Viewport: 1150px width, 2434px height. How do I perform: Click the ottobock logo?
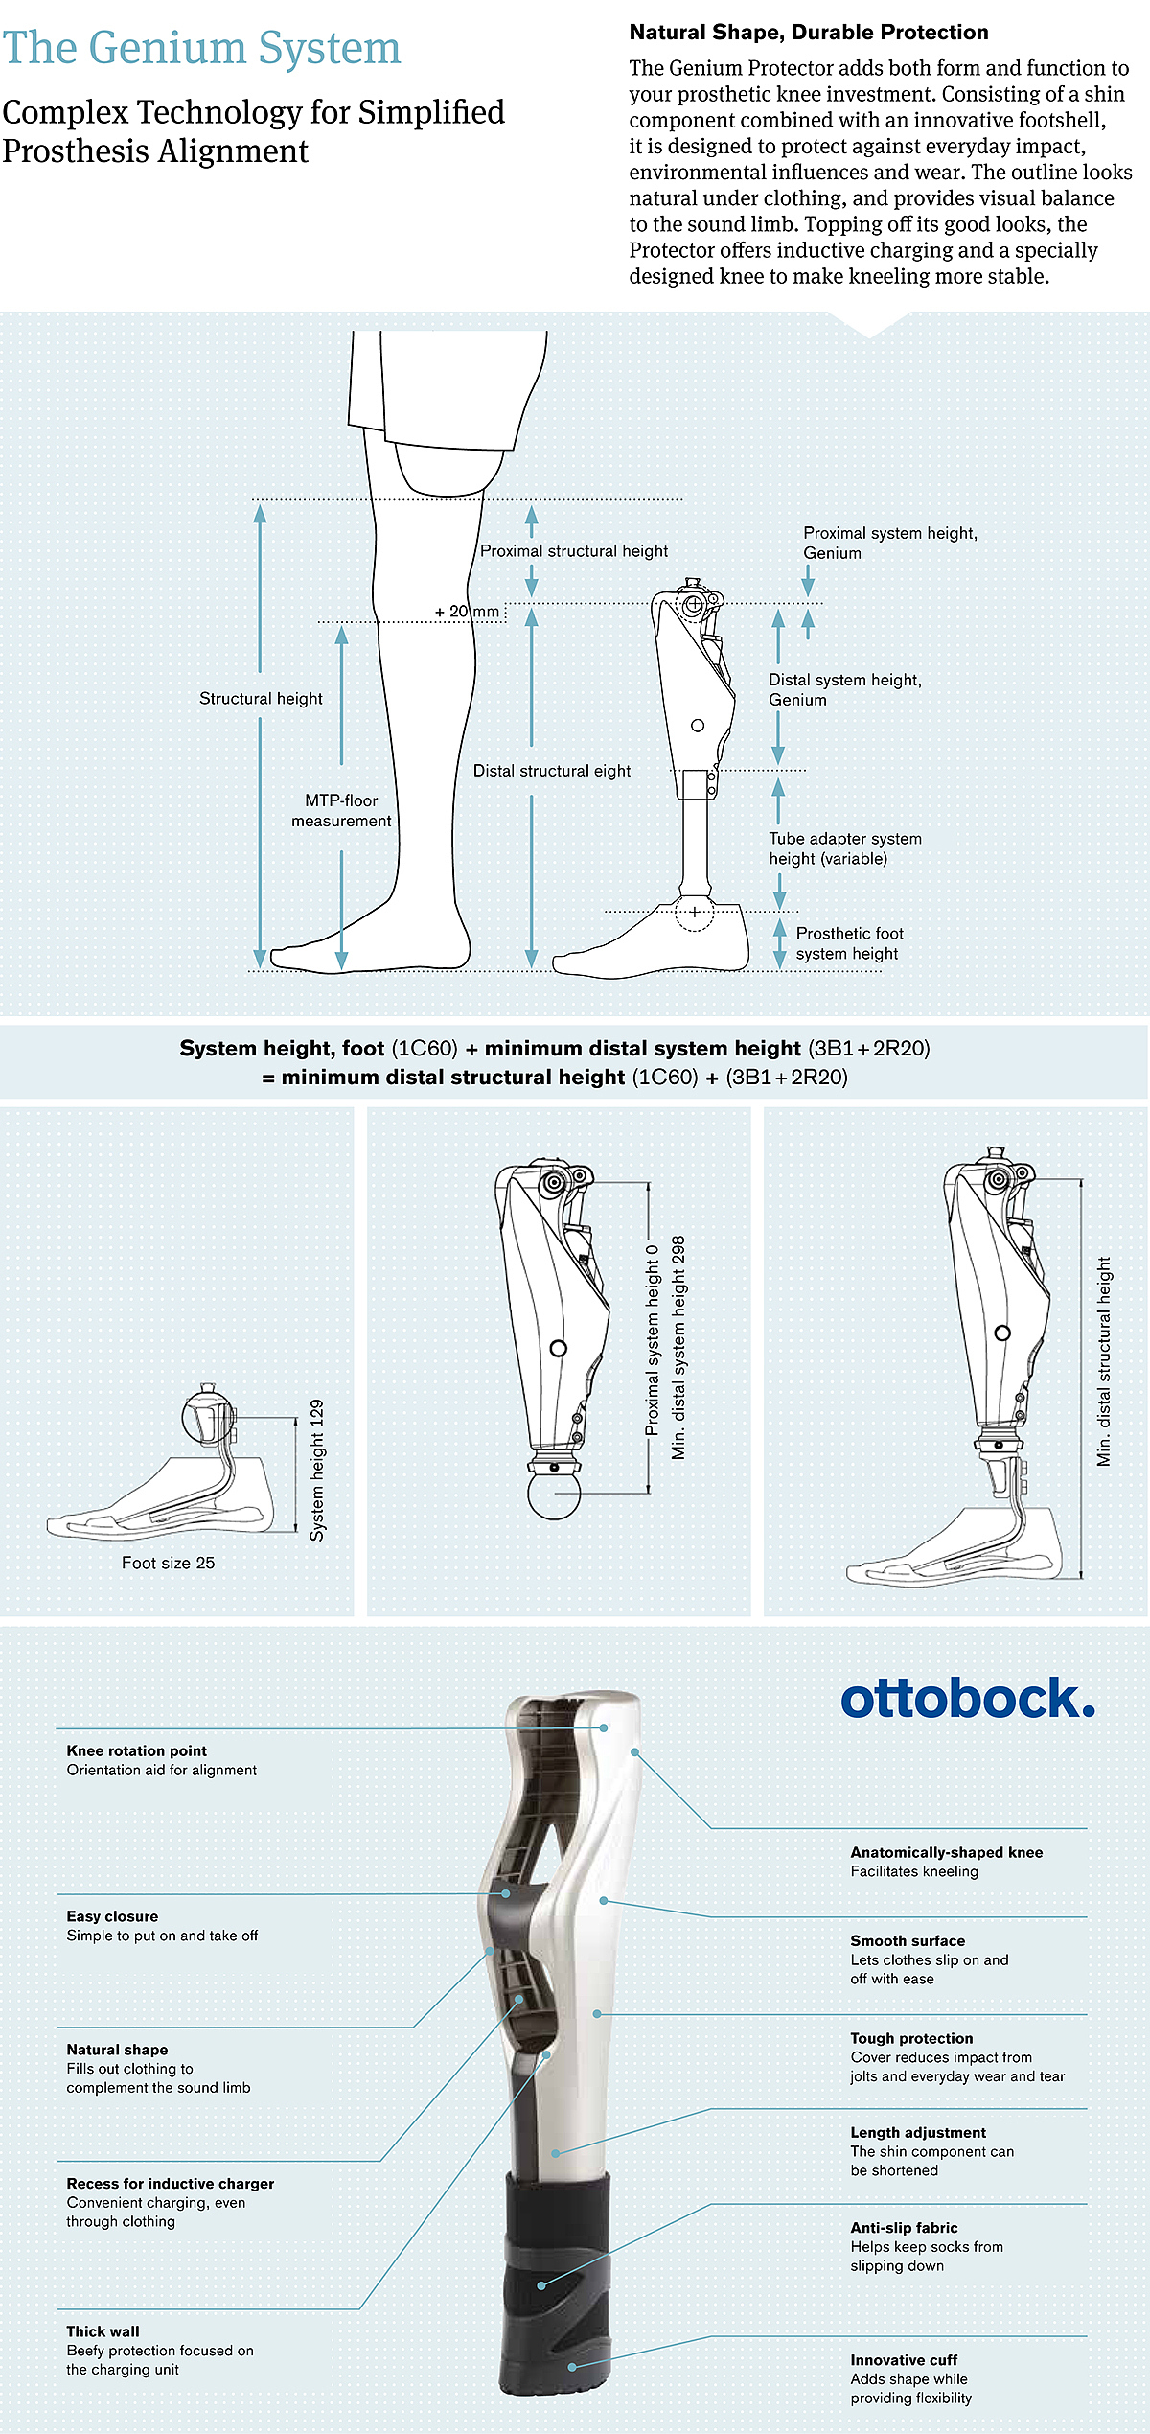(x=968, y=1698)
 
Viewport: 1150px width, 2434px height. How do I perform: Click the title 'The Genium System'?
(x=201, y=48)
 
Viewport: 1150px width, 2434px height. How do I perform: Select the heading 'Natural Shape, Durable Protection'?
(x=809, y=33)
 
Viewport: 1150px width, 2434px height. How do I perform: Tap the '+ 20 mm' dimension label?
(x=467, y=612)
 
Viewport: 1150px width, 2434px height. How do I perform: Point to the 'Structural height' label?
(x=261, y=699)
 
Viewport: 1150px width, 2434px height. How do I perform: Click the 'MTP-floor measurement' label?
(x=341, y=811)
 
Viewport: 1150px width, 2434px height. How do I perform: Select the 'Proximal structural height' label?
(x=574, y=551)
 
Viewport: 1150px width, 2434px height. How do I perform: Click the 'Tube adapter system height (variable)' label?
(x=845, y=848)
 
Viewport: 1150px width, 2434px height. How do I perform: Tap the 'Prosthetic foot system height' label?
(x=849, y=943)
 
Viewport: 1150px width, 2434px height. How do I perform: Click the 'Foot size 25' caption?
(x=168, y=1563)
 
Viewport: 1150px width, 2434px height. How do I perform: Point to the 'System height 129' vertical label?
(x=317, y=1470)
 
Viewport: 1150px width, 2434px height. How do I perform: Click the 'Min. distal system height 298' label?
(x=678, y=1348)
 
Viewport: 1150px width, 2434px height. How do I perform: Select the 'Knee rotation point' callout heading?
(x=136, y=1750)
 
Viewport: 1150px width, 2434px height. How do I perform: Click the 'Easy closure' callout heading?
(x=112, y=1916)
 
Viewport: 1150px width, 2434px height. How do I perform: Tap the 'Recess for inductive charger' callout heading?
(x=170, y=2183)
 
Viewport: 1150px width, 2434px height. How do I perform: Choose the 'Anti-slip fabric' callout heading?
(x=904, y=2228)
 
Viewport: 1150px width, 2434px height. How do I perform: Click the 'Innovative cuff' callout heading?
(x=904, y=2360)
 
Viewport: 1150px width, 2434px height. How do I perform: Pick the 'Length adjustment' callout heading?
(x=918, y=2132)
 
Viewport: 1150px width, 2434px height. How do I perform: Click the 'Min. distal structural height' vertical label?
(x=1104, y=1361)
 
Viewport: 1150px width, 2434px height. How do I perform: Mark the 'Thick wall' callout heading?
(x=103, y=2331)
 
